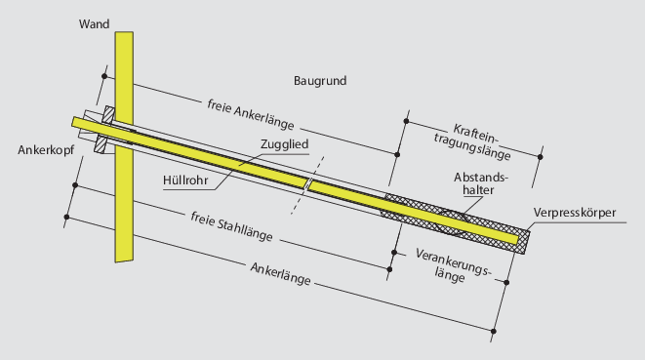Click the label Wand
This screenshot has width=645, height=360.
coord(95,22)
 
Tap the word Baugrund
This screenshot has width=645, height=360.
coord(320,79)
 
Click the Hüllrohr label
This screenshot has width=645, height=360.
coord(187,179)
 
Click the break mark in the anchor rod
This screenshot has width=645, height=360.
coord(307,184)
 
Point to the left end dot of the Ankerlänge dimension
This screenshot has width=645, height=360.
coord(66,216)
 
